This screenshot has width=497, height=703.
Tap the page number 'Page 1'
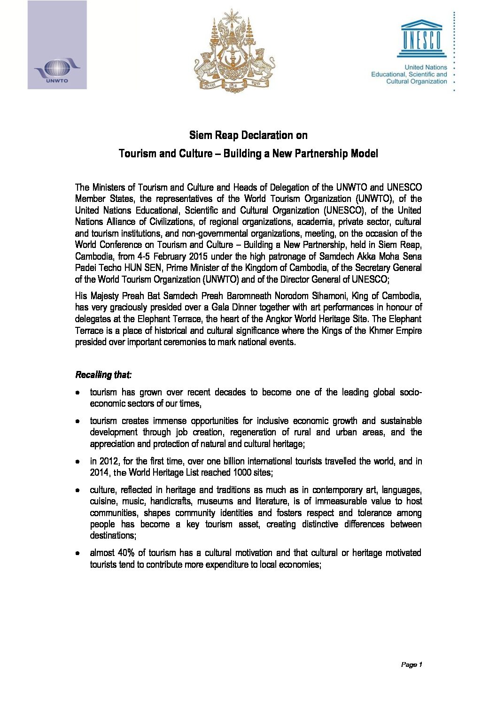[x=412, y=664]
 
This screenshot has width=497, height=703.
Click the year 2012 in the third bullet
[x=109, y=461]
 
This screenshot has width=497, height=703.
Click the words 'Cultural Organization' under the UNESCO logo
[x=416, y=82]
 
